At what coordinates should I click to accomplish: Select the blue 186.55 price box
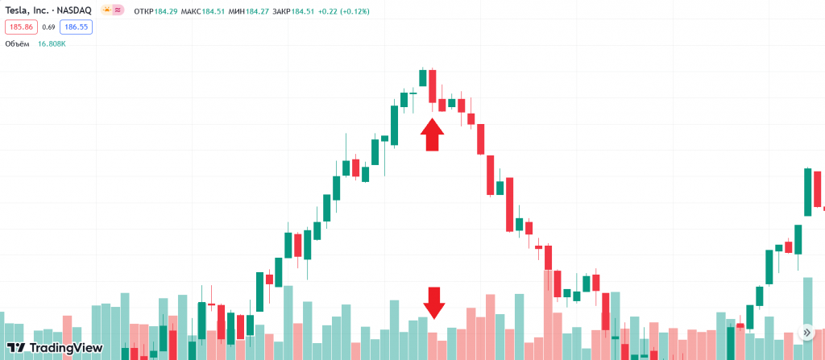pos(77,27)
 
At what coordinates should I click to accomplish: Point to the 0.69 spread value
pos(48,27)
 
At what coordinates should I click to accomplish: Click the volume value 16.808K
pos(52,43)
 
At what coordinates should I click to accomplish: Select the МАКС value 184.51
pos(214,10)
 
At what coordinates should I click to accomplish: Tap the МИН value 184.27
pos(259,10)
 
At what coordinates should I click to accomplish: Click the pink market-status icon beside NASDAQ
pos(117,10)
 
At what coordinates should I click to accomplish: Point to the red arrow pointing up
pos(433,134)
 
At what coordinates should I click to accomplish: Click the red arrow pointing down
pos(434,303)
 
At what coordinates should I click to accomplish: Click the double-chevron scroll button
pos(807,333)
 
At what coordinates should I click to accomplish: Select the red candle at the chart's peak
pos(433,86)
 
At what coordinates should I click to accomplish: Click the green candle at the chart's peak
pos(422,77)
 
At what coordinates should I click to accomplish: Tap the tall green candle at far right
pos(807,192)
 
